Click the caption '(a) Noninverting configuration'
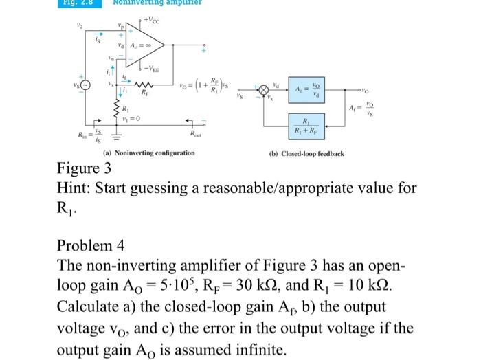(x=149, y=153)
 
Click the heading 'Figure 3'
(x=84, y=169)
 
